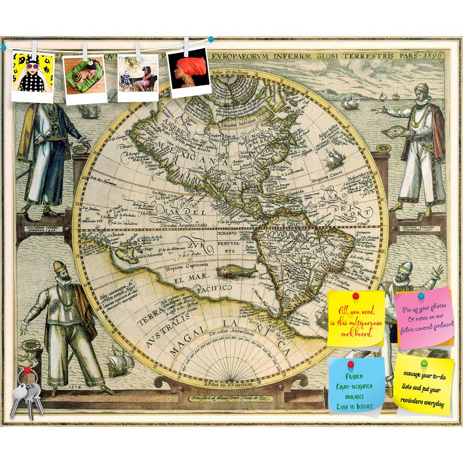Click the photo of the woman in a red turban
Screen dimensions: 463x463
tap(188, 72)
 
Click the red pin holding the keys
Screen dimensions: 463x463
tap(27, 369)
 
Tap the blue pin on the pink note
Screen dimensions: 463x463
tap(420, 295)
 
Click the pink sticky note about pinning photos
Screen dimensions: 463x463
tap(425, 319)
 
